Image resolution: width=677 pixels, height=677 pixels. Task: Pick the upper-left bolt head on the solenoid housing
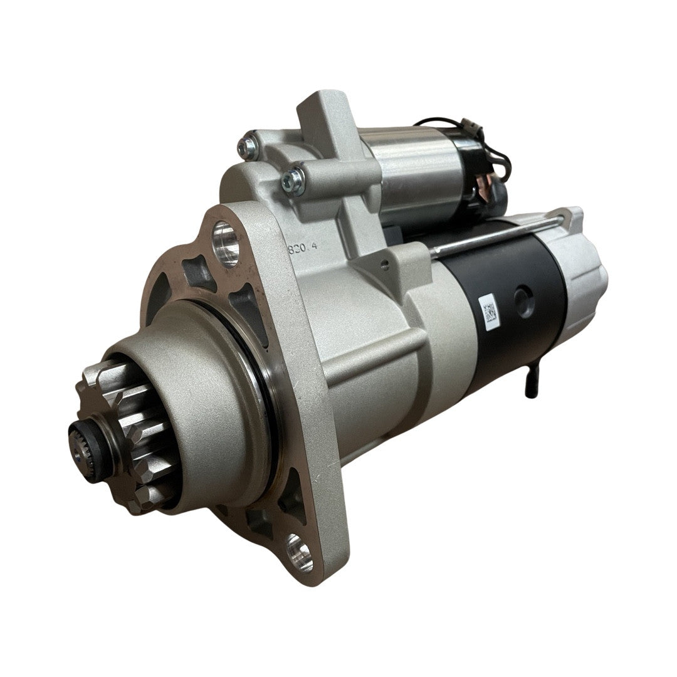[248, 148]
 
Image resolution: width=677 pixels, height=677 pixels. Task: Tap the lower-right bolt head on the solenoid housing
[293, 181]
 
